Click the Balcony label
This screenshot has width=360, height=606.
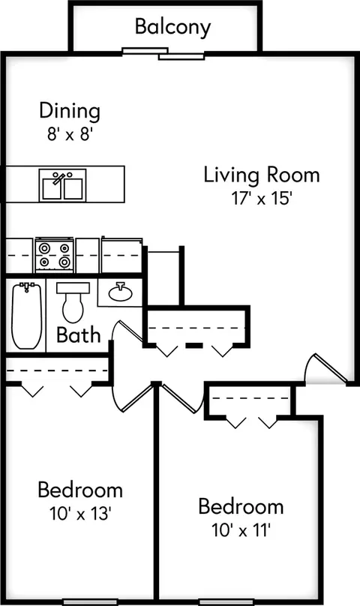(x=172, y=28)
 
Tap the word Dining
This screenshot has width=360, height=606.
(x=70, y=111)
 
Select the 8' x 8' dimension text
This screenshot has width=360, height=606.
(x=70, y=134)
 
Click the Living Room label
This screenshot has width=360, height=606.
(x=262, y=175)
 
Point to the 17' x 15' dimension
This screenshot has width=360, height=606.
(x=261, y=199)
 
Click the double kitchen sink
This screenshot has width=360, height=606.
(x=63, y=184)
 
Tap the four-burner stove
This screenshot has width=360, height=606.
(x=54, y=254)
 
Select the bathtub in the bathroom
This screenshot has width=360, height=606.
(x=26, y=315)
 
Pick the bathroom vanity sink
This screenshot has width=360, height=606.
(x=120, y=292)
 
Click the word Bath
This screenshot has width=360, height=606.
(x=79, y=334)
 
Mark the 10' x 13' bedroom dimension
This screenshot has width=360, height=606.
(x=80, y=514)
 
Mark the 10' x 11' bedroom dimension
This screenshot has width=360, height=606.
(x=241, y=530)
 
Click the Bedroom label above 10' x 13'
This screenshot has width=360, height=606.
(x=80, y=490)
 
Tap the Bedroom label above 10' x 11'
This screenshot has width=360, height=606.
(x=241, y=506)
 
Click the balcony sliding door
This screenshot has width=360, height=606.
(x=163, y=53)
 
